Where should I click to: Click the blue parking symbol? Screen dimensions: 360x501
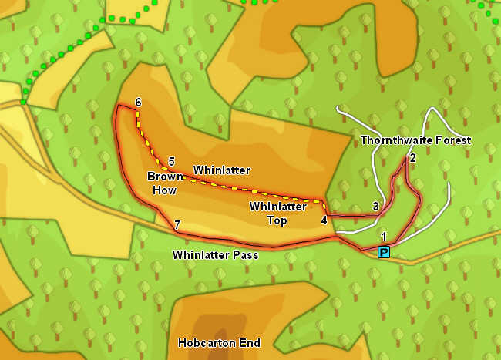[384, 252]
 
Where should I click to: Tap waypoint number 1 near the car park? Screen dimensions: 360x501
[383, 236]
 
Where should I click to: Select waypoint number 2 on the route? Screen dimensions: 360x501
[413, 158]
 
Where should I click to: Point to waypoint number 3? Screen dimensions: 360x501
[375, 206]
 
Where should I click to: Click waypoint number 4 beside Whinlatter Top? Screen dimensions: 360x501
[324, 220]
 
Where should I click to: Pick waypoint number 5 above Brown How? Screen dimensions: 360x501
[171, 161]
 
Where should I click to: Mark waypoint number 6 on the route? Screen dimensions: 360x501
[138, 103]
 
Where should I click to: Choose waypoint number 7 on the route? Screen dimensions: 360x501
[177, 225]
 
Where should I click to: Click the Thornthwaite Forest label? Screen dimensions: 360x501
[415, 140]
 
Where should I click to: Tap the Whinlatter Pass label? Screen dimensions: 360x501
[214, 254]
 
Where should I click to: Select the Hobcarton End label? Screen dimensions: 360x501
[219, 343]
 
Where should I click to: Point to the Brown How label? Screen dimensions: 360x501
[166, 183]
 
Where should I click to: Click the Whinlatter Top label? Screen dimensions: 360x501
[268, 214]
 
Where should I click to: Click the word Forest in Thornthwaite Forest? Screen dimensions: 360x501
[453, 140]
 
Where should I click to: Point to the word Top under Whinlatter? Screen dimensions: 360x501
[278, 221]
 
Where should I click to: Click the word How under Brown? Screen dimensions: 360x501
[165, 190]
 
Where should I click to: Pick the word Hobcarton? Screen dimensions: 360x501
[207, 343]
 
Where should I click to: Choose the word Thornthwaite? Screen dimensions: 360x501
[397, 140]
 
